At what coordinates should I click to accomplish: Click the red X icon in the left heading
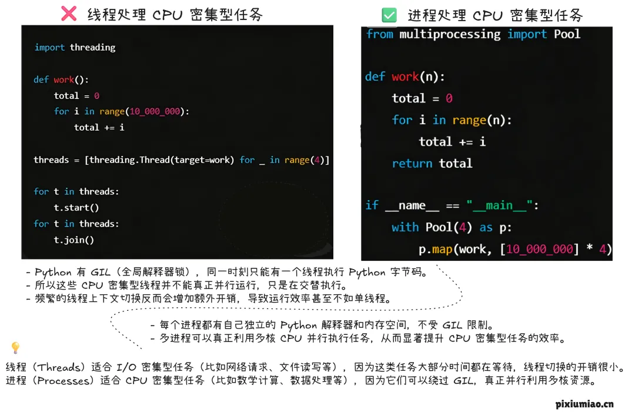[69, 14]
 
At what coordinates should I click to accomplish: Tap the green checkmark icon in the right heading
[389, 15]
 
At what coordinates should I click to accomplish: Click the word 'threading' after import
[92, 47]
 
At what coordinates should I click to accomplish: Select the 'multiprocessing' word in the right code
[450, 34]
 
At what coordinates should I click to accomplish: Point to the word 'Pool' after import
[567, 34]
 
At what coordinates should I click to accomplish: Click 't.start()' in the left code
[76, 207]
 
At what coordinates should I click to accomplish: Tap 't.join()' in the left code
[74, 240]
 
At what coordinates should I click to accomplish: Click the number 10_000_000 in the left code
[155, 111]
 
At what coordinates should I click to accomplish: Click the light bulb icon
[15, 348]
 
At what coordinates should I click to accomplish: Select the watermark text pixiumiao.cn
[584, 404]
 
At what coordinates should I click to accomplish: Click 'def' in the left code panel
[41, 79]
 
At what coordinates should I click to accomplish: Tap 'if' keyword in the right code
[372, 205]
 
